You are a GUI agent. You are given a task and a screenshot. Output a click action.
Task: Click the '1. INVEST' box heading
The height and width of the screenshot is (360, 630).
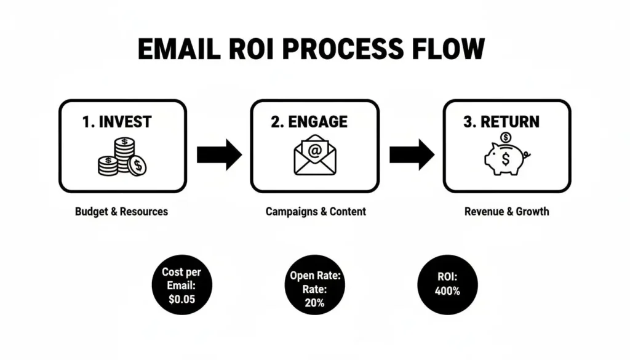(x=116, y=121)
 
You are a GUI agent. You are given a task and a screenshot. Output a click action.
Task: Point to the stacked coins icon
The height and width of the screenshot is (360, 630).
(x=122, y=156)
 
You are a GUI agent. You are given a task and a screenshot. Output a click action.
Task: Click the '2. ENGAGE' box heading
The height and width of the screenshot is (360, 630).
(x=309, y=121)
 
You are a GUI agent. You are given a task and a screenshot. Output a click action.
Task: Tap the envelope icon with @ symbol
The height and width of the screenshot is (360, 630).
(x=315, y=155)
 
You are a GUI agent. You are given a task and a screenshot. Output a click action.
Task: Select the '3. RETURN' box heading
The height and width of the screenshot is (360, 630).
(x=502, y=121)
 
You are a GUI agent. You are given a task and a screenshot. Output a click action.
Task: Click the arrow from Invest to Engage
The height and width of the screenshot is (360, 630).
(x=219, y=154)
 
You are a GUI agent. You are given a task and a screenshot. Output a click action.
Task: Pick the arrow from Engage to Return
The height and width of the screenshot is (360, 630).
(x=412, y=154)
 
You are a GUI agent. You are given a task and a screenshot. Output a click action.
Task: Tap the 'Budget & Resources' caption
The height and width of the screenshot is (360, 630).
(x=121, y=211)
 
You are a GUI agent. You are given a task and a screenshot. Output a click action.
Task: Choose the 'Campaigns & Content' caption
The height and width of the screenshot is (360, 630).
(x=316, y=211)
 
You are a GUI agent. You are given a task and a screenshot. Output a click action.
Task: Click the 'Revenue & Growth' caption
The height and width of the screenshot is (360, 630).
(x=506, y=211)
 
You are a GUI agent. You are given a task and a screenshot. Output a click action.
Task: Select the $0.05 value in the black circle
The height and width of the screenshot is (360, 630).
(x=181, y=299)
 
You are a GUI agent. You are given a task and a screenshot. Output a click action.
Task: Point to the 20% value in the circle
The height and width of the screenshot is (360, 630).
(x=315, y=302)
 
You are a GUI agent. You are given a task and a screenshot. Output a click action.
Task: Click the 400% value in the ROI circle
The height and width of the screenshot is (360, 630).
(x=447, y=291)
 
